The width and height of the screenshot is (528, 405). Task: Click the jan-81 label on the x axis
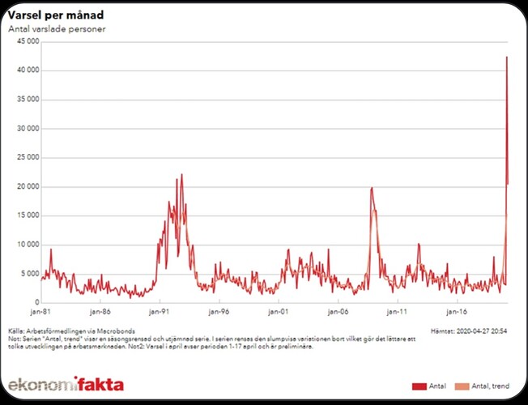pyautogui.click(x=40, y=311)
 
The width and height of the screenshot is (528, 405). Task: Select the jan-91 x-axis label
pyautogui.click(x=159, y=311)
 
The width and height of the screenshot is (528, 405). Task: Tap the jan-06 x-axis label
pyautogui.click(x=338, y=311)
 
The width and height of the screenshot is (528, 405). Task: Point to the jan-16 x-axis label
pyautogui.click(x=457, y=311)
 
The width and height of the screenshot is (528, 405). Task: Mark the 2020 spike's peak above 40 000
pyautogui.click(x=507, y=57)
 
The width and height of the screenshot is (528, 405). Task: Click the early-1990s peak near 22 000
pyautogui.click(x=181, y=174)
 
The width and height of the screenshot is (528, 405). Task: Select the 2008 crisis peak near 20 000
pyautogui.click(x=372, y=188)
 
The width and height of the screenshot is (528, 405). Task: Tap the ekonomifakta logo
pyautogui.click(x=66, y=384)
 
